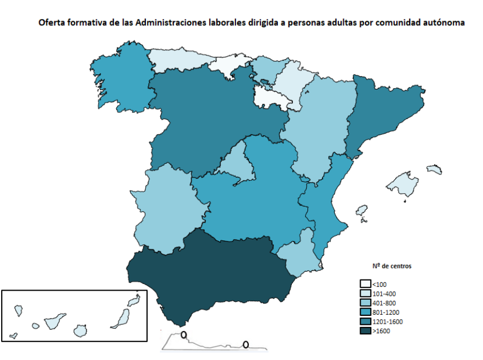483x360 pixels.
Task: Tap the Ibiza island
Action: pyautogui.click(x=362, y=211)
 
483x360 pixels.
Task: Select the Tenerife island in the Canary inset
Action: pyautogui.click(x=56, y=321)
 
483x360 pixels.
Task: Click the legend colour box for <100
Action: pyautogui.click(x=366, y=283)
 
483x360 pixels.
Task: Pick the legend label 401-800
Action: pyautogui.click(x=383, y=302)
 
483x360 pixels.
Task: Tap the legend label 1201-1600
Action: pyautogui.click(x=387, y=321)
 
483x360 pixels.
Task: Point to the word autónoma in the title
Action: pyautogui.click(x=444, y=24)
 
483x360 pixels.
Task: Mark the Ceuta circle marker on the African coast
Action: pyautogui.click(x=183, y=335)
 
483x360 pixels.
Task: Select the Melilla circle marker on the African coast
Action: pyautogui.click(x=245, y=344)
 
